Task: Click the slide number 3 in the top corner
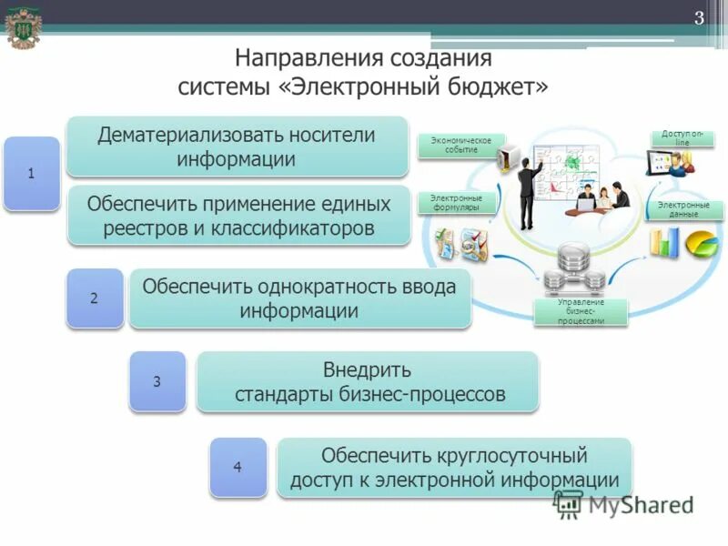[x=700, y=18]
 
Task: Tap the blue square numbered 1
[x=32, y=173]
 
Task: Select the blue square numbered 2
[x=94, y=298]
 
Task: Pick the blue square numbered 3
[x=157, y=381]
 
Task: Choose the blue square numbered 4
[x=238, y=467]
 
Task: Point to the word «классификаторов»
[x=296, y=227]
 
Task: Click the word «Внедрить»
[x=367, y=370]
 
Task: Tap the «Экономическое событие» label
[x=460, y=146]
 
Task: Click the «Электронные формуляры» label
[x=457, y=202]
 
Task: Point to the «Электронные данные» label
[x=683, y=209]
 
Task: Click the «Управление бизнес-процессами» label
[x=581, y=311]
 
